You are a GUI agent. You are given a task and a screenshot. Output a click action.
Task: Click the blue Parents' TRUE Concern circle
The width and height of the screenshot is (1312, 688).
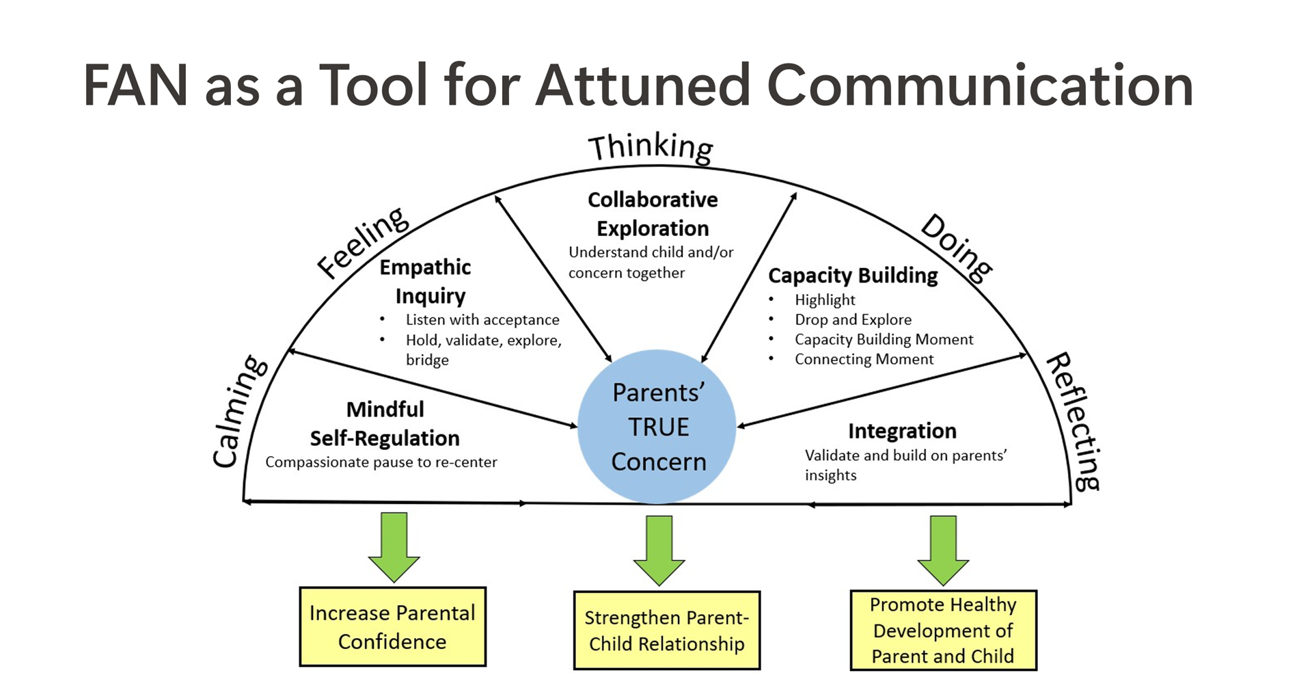(657, 427)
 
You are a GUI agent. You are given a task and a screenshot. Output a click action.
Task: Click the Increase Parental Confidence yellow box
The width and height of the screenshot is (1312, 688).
(392, 626)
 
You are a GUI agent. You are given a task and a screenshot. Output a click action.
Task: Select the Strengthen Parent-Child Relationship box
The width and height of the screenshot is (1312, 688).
(666, 630)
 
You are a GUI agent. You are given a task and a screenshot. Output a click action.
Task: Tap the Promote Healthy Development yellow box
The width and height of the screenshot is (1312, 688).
(943, 630)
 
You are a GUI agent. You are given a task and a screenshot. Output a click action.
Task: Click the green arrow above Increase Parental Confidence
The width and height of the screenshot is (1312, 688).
(394, 545)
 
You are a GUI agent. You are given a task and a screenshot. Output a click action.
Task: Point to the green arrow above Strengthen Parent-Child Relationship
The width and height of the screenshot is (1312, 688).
(659, 548)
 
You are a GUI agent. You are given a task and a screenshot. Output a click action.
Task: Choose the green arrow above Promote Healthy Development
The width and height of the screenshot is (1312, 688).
(943, 548)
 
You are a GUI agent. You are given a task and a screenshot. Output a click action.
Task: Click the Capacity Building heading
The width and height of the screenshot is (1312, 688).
(853, 276)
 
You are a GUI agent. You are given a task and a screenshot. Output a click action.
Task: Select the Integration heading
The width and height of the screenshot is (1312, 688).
(902, 431)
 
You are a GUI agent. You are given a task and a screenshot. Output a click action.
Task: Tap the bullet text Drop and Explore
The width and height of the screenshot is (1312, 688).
(853, 319)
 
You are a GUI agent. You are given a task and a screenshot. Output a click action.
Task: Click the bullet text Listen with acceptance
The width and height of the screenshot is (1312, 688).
(482, 319)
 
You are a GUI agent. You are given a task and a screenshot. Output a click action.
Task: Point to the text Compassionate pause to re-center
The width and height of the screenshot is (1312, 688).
(381, 462)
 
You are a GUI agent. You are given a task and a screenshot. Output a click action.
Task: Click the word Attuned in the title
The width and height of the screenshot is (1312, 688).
(643, 85)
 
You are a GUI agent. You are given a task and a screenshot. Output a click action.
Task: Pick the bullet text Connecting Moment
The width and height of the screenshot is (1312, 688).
(864, 359)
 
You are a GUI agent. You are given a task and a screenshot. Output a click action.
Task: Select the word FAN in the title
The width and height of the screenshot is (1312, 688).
(135, 85)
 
